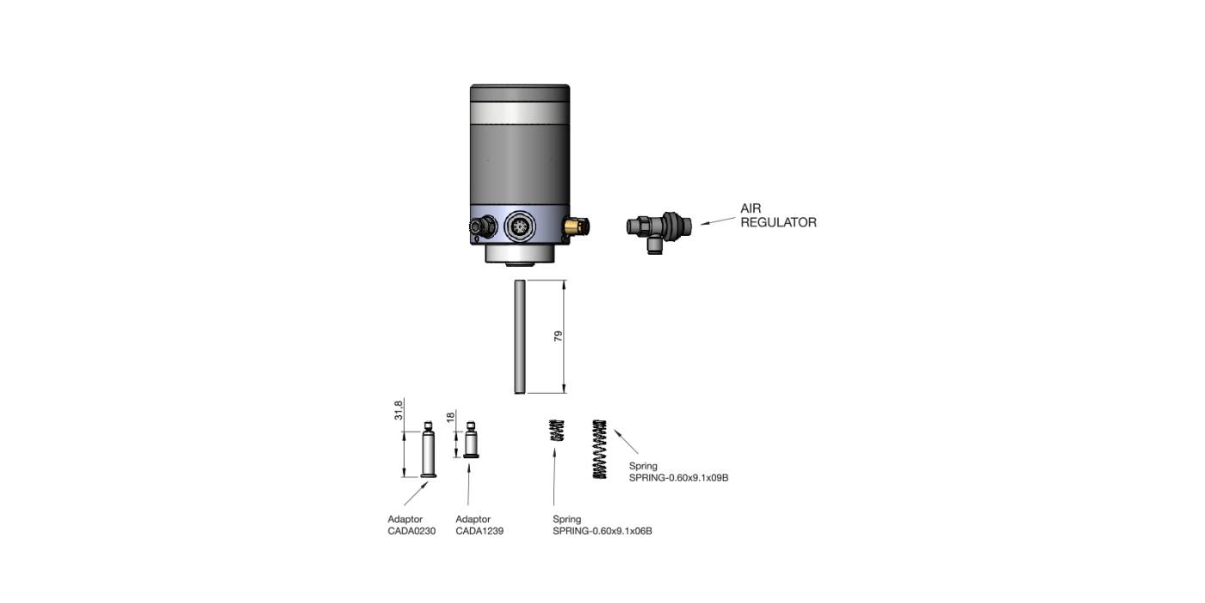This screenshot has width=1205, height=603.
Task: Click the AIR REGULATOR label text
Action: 777,215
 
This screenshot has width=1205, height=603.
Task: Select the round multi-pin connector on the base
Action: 519,227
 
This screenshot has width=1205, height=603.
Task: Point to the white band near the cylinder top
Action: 520,114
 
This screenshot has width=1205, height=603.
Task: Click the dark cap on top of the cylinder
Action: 520,93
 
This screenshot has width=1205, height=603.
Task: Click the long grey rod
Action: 519,337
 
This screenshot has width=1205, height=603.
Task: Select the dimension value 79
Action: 558,337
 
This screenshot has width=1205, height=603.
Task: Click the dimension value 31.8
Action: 399,411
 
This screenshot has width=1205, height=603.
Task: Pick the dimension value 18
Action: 449,418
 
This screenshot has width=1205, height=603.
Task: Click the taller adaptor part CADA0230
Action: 428,451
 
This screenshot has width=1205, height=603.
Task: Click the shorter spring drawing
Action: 557,430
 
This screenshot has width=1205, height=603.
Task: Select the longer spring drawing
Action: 600,449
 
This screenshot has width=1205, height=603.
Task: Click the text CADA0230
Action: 411,532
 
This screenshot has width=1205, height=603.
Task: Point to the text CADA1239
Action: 479,532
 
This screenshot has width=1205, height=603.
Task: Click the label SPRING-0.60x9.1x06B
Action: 602,532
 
